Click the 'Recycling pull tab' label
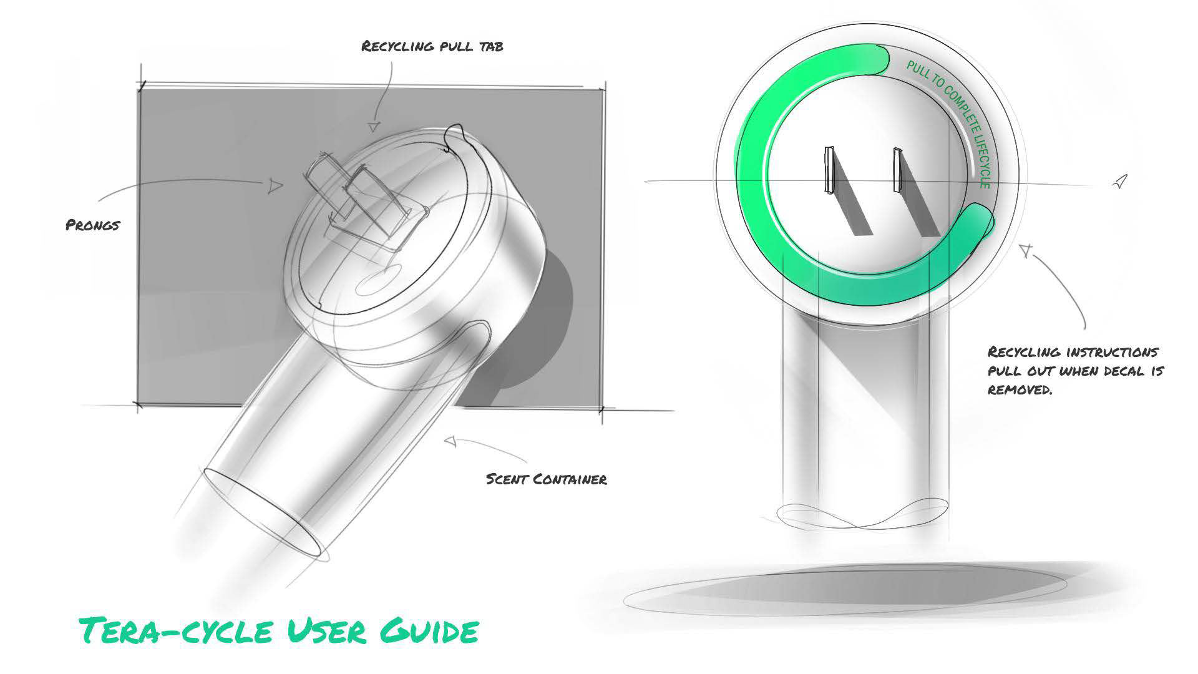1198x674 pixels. [x=432, y=46]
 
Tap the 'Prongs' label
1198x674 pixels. [x=92, y=225]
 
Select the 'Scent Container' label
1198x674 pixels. [x=546, y=479]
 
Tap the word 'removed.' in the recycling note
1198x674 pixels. [x=1020, y=390]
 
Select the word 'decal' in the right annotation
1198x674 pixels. [x=1126, y=371]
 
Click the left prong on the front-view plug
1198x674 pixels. [x=828, y=170]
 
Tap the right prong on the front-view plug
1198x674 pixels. [x=897, y=170]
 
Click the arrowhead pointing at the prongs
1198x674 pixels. [x=275, y=185]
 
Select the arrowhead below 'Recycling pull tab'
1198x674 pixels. [x=373, y=127]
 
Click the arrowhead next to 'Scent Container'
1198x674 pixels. [x=450, y=441]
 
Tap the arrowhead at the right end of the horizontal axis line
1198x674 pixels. [x=1121, y=181]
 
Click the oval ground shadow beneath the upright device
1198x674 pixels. [x=845, y=590]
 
